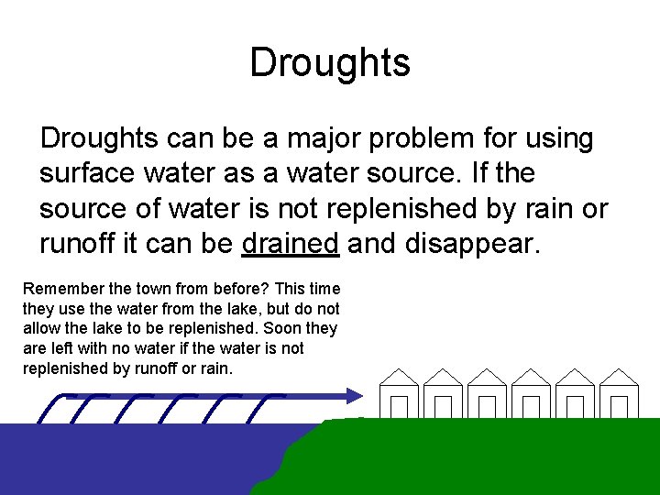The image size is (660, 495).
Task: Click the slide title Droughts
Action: coord(330,63)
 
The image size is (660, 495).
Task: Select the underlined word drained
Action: coord(291,243)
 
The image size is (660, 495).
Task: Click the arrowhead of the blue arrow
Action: coord(357,395)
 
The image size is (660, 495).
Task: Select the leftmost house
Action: coord(399,394)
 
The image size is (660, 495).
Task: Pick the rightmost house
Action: coord(619,394)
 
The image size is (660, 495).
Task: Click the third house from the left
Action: coord(487,394)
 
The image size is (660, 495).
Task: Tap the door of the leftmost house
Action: coord(399,407)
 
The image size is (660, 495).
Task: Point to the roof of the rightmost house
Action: coord(619,378)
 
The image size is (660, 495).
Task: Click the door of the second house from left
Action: coord(443,407)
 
